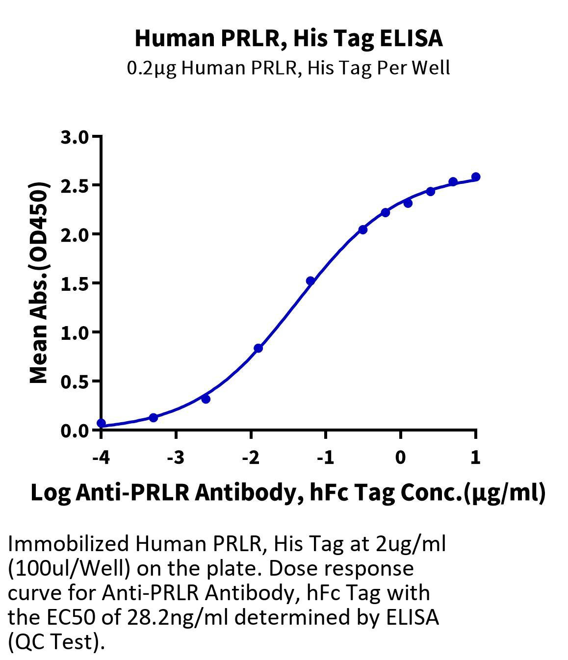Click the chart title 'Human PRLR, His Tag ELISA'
pyautogui.click(x=288, y=38)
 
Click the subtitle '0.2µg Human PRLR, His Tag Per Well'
pyautogui.click(x=288, y=68)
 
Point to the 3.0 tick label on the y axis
pyautogui.click(x=75, y=137)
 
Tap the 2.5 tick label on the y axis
pyautogui.click(x=75, y=186)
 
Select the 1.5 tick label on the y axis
pyautogui.click(x=75, y=283)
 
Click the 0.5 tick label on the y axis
pyautogui.click(x=75, y=381)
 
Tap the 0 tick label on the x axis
pyautogui.click(x=401, y=458)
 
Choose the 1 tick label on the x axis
pyautogui.click(x=475, y=458)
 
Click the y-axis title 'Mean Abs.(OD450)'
pyautogui.click(x=39, y=283)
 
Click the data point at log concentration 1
pyautogui.click(x=475, y=177)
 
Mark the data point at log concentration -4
pyautogui.click(x=101, y=423)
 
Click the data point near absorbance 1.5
pyautogui.click(x=310, y=281)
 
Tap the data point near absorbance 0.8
pyautogui.click(x=258, y=348)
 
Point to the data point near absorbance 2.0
pyautogui.click(x=363, y=229)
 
